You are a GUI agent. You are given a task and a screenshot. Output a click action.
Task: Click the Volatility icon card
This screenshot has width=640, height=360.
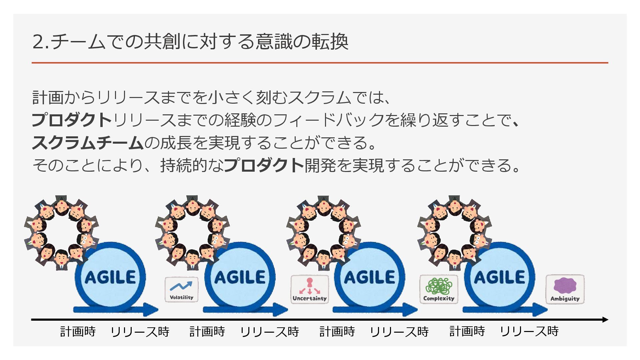tap(181, 290)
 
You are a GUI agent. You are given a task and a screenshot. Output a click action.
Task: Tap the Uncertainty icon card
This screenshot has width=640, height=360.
tap(309, 289)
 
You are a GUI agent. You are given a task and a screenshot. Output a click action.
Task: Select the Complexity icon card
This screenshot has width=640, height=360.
tap(438, 289)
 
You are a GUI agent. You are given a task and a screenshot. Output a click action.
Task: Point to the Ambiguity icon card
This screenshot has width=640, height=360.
tap(565, 289)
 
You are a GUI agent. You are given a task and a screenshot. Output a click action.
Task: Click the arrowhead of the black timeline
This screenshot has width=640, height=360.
tap(605, 320)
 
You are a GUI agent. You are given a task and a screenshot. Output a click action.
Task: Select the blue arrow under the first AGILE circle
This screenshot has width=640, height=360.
tap(115, 309)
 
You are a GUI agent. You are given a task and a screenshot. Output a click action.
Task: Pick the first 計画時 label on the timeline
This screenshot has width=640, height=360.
tap(78, 331)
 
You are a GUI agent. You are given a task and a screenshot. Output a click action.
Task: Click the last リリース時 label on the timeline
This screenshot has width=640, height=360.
tap(529, 331)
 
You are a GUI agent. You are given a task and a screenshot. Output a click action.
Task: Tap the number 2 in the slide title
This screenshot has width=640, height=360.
tap(38, 42)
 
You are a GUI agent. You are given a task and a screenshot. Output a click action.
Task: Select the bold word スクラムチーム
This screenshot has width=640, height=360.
tap(87, 143)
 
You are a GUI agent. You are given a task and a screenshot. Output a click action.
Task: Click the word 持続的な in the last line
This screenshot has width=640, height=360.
tap(192, 165)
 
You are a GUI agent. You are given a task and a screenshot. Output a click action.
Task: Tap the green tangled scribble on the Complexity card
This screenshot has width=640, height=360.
tap(438, 286)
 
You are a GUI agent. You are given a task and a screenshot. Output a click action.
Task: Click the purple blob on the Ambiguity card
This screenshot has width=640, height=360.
tap(565, 285)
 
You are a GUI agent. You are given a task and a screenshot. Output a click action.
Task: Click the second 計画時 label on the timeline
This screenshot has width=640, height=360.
tap(207, 331)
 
